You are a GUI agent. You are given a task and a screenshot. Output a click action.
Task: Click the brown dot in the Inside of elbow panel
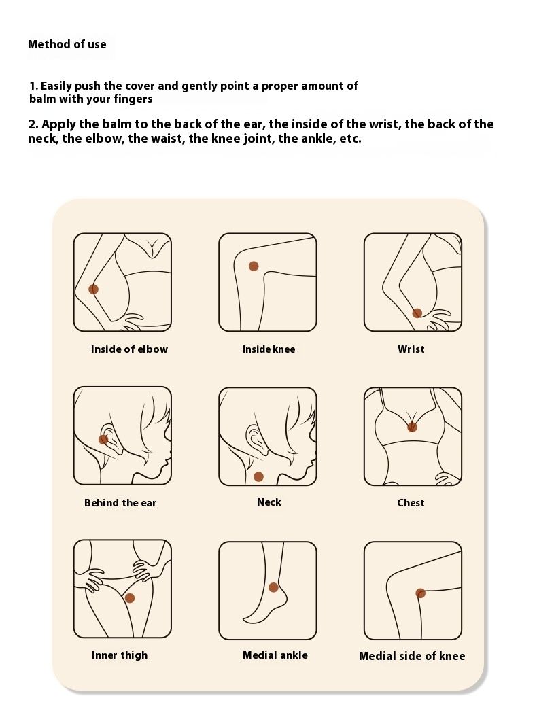pos(93,289)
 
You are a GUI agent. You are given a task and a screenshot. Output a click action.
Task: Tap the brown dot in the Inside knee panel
pos(254,266)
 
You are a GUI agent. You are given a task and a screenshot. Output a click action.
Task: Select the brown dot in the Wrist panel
pos(417,313)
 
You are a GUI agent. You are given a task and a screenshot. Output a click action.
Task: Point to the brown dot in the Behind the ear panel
pos(103,439)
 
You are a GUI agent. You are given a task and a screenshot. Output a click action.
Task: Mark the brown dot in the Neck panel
pos(258,476)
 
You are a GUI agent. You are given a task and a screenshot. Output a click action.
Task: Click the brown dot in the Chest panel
pos(412,427)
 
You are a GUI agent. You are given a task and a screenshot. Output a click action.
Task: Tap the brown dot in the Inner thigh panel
pos(130,598)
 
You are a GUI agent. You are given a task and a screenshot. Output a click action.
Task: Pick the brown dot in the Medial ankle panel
pos(273,587)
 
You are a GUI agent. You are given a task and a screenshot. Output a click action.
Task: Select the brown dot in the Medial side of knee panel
pos(421,593)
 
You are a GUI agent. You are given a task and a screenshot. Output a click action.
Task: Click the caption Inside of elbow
pos(129,349)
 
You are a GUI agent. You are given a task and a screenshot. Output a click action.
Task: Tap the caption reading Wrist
pos(411,349)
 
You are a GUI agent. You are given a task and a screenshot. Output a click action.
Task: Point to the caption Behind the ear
pos(120,503)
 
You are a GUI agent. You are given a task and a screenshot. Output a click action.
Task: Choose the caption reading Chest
pos(411,503)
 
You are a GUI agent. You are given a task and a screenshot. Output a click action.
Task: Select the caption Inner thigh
pos(120,655)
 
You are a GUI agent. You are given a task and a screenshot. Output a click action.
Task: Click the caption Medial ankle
pos(275,655)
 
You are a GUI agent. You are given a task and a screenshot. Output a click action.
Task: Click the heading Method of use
pos(67,44)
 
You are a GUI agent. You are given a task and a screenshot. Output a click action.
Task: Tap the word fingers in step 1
pos(133,99)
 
